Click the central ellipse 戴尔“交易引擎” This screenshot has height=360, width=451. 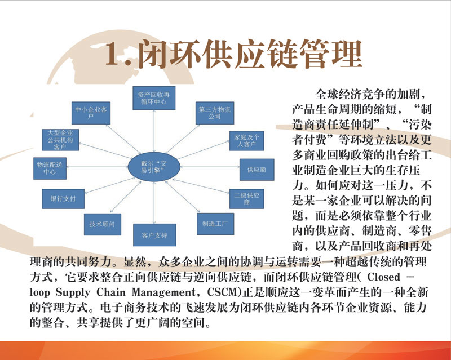coord(154,167)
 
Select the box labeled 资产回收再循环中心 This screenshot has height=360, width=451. coord(154,98)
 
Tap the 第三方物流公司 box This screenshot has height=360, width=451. coord(215,113)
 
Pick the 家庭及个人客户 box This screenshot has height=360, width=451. coord(246,141)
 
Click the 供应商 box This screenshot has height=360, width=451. coord(257,170)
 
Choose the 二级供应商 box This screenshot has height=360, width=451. coord(246,199)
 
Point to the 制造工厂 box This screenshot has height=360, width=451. coord(215,224)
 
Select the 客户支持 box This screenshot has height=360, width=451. coord(154,235)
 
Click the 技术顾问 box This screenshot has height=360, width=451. coord(103,224)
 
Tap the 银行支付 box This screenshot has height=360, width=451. coord(63,199)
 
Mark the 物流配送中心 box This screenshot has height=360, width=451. coord(50,168)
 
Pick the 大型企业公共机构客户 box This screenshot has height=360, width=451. coord(60,140)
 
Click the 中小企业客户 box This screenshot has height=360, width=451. coord(91,113)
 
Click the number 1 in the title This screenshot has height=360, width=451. coord(115,54)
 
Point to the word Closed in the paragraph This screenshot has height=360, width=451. coord(383,277)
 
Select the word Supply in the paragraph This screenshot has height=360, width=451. coord(73,293)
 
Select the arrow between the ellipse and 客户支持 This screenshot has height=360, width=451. coord(154,203)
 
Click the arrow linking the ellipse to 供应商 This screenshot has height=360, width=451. coord(210,167)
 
